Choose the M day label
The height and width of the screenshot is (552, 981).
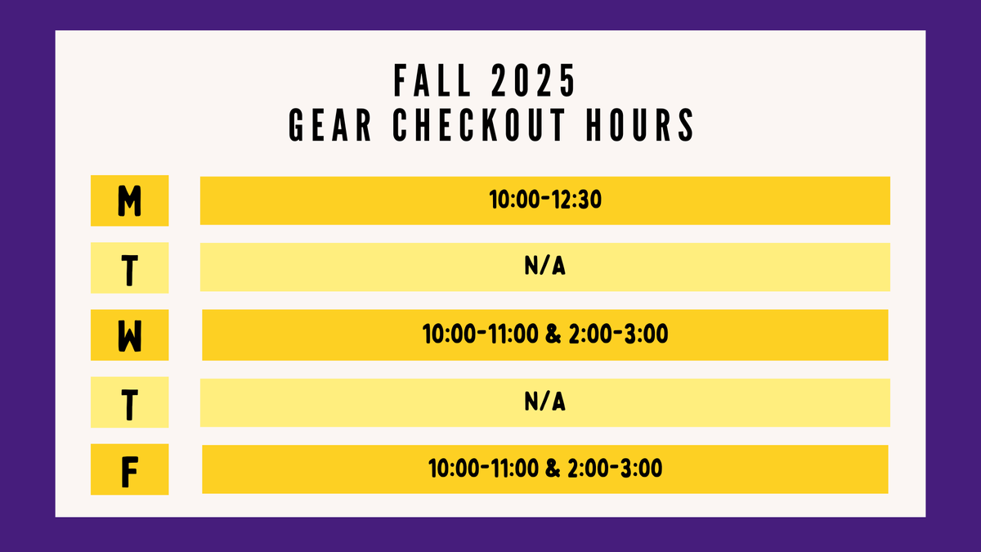[x=129, y=200]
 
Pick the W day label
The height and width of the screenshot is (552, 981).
[x=129, y=335]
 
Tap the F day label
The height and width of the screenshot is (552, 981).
[x=129, y=469]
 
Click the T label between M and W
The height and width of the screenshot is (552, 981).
[x=129, y=267]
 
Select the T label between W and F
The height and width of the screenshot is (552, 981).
[x=129, y=402]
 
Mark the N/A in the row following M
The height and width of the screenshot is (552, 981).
[x=545, y=267]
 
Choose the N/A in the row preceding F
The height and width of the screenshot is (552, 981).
[x=545, y=402]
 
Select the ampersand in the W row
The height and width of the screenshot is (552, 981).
[x=550, y=334]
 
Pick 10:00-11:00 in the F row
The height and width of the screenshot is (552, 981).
[x=483, y=469]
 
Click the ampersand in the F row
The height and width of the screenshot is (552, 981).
[x=552, y=469]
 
